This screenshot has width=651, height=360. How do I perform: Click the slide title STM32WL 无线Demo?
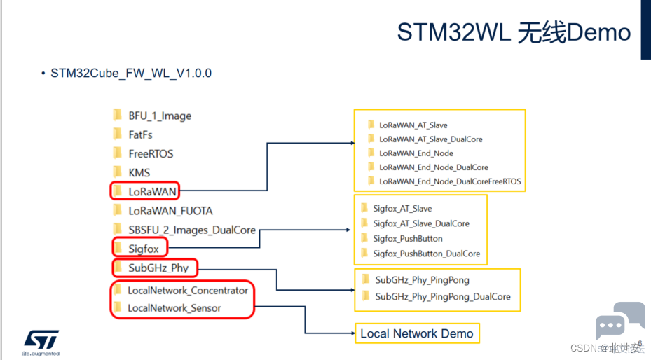(x=514, y=32)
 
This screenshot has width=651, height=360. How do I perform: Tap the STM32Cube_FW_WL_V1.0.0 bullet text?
(x=131, y=73)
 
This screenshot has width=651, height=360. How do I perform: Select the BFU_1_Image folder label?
(x=159, y=116)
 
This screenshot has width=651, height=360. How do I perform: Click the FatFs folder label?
(x=140, y=134)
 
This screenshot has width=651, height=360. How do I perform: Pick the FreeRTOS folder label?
(x=150, y=153)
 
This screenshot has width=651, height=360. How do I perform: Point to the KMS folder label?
(x=139, y=172)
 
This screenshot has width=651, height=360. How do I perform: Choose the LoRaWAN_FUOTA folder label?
(x=170, y=210)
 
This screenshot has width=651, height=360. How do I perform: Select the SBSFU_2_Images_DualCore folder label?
(x=191, y=230)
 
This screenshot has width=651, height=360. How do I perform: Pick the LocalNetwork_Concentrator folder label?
(x=187, y=290)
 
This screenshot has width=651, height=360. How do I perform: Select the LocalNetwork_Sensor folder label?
(x=174, y=308)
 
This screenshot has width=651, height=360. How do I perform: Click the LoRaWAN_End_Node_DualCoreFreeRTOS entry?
(x=449, y=181)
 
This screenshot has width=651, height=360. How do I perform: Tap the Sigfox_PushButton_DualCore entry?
(x=426, y=254)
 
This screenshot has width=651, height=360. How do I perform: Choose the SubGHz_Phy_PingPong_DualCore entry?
(x=442, y=296)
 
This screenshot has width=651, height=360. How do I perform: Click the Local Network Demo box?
(x=416, y=333)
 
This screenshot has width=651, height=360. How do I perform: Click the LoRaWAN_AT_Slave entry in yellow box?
(x=413, y=125)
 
